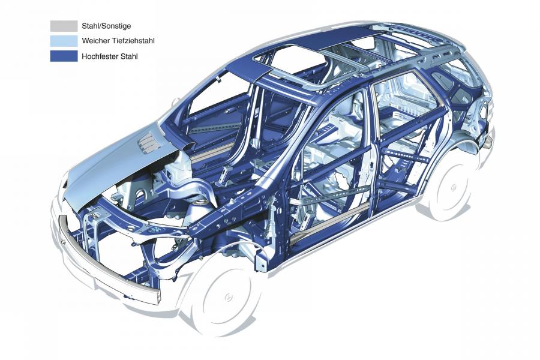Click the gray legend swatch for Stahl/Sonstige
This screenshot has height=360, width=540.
pyautogui.click(x=64, y=26)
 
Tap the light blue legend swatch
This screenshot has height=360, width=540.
pyautogui.click(x=64, y=41)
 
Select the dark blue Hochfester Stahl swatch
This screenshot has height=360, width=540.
pyautogui.click(x=64, y=56)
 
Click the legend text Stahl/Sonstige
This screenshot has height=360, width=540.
pyautogui.click(x=106, y=26)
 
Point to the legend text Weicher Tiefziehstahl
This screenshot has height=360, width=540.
pyautogui.click(x=118, y=41)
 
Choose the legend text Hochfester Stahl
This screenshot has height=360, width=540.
pyautogui.click(x=110, y=56)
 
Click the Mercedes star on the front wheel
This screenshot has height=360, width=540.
pyautogui.click(x=228, y=297)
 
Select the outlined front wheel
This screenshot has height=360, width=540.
pyautogui.click(x=226, y=296)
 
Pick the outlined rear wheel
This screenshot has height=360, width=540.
pyautogui.click(x=452, y=187)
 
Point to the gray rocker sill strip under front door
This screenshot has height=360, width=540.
pyautogui.click(x=325, y=224)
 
